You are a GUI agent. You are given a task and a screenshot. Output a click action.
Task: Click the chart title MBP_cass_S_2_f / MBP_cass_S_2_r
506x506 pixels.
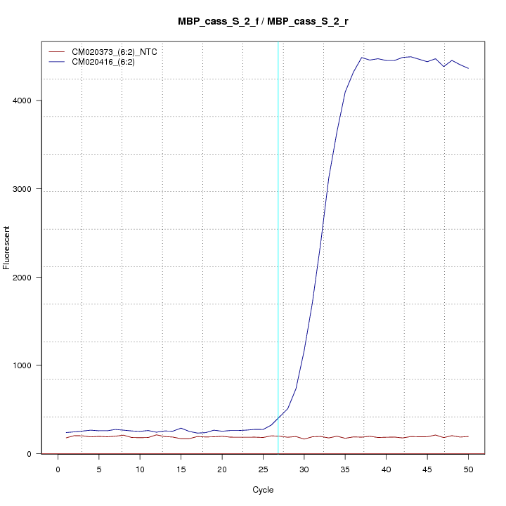click(x=264, y=22)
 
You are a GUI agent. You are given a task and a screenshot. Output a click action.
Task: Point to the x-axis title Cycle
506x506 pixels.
click(x=264, y=490)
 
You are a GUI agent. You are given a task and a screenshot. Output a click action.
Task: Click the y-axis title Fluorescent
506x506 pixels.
click(x=7, y=247)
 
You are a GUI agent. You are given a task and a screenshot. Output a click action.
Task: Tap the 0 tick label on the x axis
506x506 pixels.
click(x=58, y=469)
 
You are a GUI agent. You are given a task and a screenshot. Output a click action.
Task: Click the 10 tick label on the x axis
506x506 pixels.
click(x=140, y=469)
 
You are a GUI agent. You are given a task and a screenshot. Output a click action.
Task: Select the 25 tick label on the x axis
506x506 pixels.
click(x=263, y=469)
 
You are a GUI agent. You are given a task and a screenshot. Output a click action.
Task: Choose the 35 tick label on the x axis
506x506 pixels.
click(x=345, y=469)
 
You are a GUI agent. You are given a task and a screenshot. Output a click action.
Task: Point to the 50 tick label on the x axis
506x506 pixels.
click(x=468, y=469)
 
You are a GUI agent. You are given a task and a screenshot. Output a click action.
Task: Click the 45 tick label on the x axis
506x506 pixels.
click(x=427, y=469)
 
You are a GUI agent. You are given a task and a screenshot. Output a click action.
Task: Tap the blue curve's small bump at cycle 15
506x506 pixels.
click(x=181, y=428)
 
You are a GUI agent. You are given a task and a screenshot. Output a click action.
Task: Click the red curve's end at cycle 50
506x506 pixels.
click(x=468, y=436)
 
